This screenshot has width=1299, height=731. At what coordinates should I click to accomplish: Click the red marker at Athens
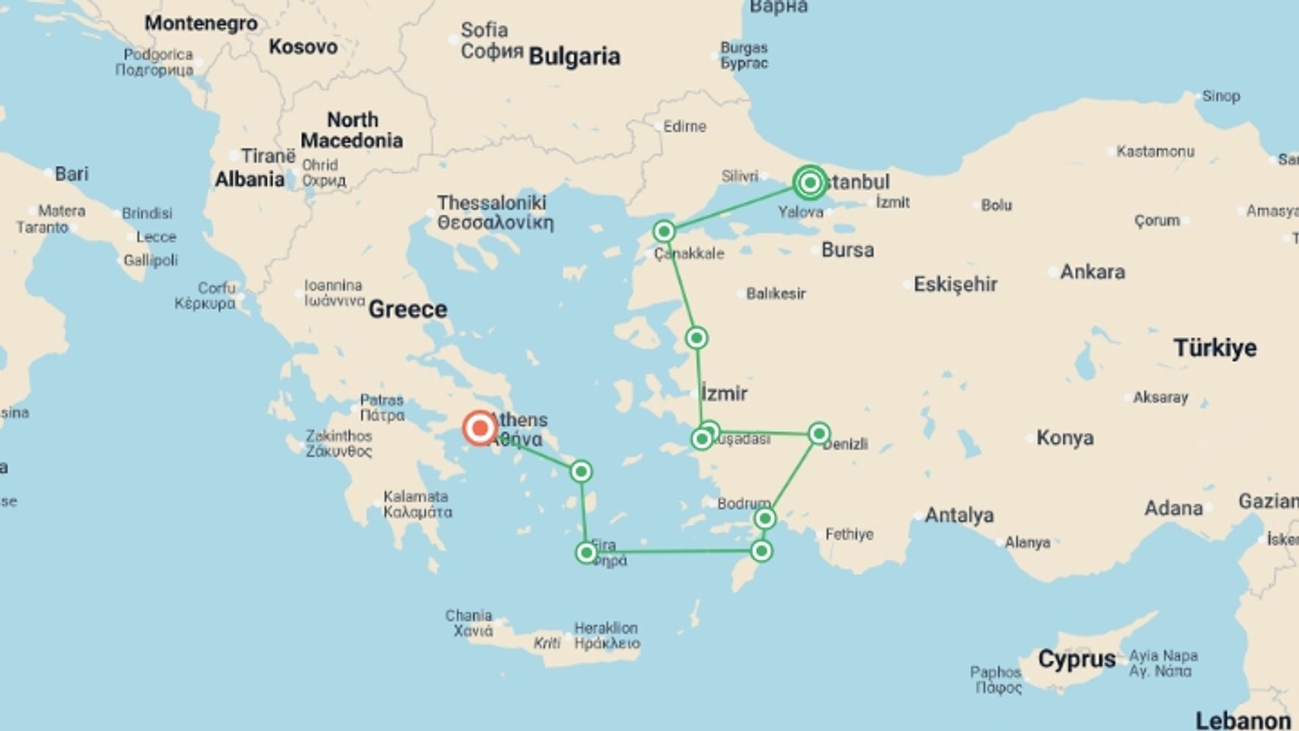point(480,428)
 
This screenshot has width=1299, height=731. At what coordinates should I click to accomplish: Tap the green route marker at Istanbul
point(810,183)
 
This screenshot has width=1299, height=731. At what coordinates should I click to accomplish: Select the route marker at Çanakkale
point(664,231)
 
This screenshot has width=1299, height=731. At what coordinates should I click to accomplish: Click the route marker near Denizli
point(819,433)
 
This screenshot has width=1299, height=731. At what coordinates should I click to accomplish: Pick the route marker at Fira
point(586,553)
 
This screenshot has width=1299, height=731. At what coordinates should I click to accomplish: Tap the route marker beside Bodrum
point(765,519)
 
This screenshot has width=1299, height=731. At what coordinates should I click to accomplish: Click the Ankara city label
point(1092,272)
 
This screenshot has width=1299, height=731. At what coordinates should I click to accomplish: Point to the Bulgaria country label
point(574,57)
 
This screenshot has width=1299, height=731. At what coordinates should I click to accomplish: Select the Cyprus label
point(1076,659)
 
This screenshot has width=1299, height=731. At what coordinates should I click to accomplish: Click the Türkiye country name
point(1214,348)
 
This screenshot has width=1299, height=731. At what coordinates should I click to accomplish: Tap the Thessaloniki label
point(492,203)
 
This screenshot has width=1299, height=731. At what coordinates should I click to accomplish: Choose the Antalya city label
point(959,516)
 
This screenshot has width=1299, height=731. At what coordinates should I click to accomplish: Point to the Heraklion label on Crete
point(606,628)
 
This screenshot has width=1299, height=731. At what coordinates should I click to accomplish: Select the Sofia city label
point(484,30)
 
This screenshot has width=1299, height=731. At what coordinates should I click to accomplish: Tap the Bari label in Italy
point(71,174)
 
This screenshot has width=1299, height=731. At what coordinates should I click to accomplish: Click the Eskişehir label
point(955,284)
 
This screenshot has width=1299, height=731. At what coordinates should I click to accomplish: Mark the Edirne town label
point(684,127)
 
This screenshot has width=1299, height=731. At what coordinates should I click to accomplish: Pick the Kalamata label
point(415,497)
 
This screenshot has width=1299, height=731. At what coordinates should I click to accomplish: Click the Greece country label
point(407,309)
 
